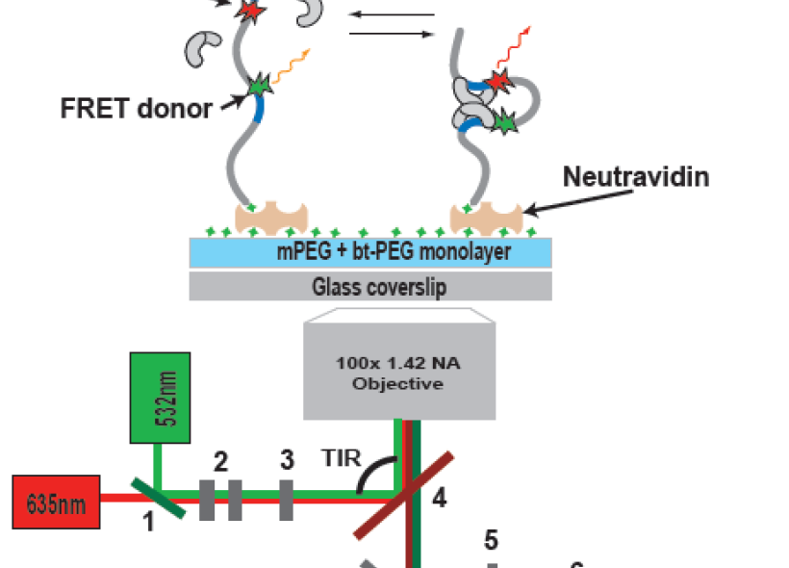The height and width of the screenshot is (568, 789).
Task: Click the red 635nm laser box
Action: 57,501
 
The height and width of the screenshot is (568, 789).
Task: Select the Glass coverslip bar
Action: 370,287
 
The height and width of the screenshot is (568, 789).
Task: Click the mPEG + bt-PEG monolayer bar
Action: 370,253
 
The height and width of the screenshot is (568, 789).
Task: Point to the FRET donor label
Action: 136,107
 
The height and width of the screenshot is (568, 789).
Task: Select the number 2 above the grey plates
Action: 220,462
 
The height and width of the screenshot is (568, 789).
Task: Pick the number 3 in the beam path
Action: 286,461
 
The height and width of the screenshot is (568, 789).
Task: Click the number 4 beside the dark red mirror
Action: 439,499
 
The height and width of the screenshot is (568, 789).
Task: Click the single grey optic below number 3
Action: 286,500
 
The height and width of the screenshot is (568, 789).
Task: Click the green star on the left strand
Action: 257,86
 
